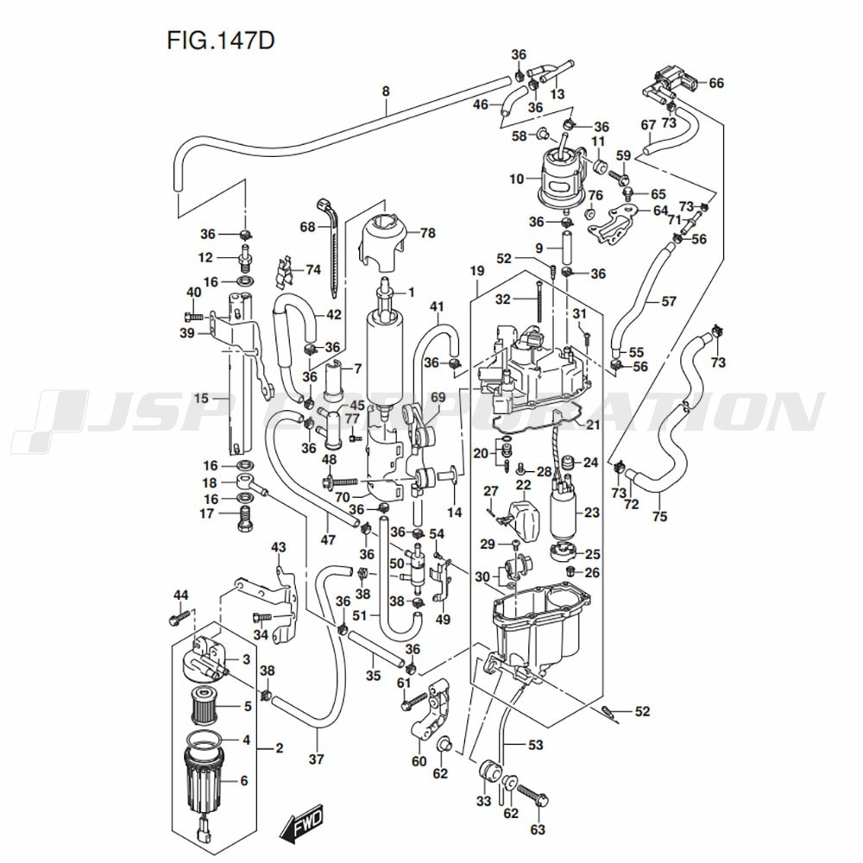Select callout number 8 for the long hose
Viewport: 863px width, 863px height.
pyautogui.click(x=386, y=91)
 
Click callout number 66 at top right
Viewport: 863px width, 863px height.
pyautogui.click(x=716, y=83)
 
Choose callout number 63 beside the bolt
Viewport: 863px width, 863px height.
pyautogui.click(x=539, y=830)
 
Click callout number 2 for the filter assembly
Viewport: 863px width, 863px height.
pyautogui.click(x=279, y=747)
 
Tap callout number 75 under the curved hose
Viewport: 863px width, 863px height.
pyautogui.click(x=659, y=517)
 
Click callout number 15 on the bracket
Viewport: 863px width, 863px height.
pyautogui.click(x=201, y=399)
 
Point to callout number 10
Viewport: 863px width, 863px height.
pyautogui.click(x=517, y=180)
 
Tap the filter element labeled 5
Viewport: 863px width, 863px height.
pyautogui.click(x=205, y=706)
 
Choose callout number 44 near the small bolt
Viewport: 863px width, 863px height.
pyautogui.click(x=180, y=595)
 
